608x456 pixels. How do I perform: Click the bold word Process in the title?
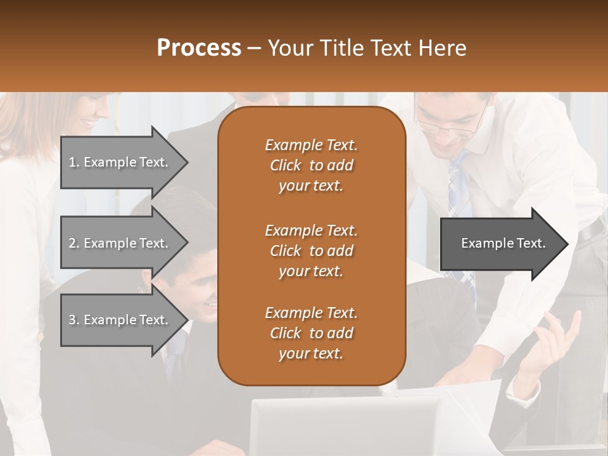coord(199,48)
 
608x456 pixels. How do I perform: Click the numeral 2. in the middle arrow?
coord(74,243)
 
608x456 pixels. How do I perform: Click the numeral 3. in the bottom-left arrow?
coord(74,320)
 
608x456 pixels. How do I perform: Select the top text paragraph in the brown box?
coord(311,165)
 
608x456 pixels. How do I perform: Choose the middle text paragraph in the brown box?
coord(311,251)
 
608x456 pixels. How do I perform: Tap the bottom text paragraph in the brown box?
coord(311,333)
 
